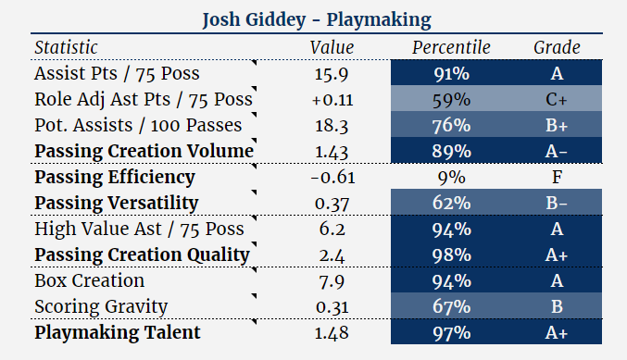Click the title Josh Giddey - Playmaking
(312, 19)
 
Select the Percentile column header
(452, 47)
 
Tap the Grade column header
(557, 47)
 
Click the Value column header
(332, 47)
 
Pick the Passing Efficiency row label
(115, 177)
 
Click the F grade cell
(557, 177)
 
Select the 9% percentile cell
(452, 177)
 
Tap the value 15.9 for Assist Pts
(332, 73)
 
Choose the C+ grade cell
(557, 99)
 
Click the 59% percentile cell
(452, 99)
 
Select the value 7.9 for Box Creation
(332, 280)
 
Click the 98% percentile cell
(452, 254)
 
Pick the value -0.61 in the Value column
(332, 177)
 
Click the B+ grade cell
(557, 125)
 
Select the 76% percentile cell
(452, 125)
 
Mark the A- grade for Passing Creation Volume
(557, 151)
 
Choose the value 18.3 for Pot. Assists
(332, 125)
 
